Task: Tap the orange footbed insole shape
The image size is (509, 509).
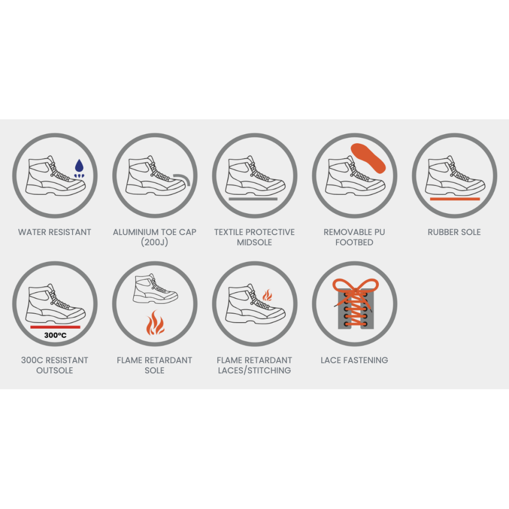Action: point(368,158)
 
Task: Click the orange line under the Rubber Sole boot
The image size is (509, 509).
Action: point(455,199)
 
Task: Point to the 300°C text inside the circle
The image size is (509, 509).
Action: point(55,335)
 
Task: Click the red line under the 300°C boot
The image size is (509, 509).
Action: point(55,327)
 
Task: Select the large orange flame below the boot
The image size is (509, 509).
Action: point(155,323)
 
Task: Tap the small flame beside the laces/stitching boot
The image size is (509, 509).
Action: point(267,295)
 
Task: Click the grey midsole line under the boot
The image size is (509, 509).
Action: point(253,199)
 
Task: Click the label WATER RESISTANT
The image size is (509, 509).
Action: point(55,232)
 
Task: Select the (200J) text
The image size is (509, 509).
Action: point(155,242)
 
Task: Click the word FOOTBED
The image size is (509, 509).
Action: point(354,242)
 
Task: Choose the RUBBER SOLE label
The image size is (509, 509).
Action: point(454,232)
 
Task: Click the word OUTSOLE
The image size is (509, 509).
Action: point(55,370)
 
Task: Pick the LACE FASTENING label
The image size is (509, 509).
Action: point(354,360)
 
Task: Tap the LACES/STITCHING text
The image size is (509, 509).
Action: point(254,370)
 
